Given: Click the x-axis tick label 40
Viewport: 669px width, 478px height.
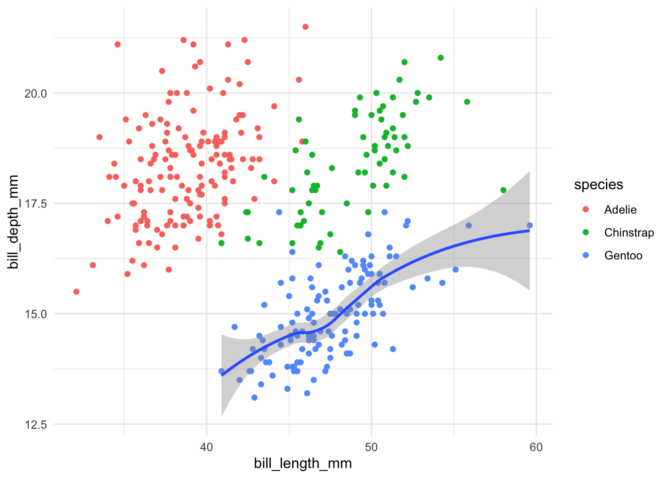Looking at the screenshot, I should click(206, 447).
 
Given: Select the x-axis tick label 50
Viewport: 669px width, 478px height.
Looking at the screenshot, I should click(371, 447).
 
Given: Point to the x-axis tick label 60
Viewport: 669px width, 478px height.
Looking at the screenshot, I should click(536, 447).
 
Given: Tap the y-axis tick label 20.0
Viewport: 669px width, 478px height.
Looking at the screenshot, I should click(35, 94).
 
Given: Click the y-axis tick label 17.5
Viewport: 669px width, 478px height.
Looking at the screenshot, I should click(35, 204).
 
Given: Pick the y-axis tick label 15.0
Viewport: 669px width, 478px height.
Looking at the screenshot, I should click(35, 314).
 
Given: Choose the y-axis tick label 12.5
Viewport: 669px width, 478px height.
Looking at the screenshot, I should click(35, 425).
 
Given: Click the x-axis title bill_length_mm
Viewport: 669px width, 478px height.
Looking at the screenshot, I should click(303, 464).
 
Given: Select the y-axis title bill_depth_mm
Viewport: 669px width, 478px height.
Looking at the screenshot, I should click(13, 222).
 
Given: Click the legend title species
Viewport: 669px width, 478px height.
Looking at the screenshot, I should click(598, 185).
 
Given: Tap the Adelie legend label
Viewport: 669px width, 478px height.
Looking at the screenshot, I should click(620, 210).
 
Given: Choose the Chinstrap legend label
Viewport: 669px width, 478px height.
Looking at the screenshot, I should click(629, 233).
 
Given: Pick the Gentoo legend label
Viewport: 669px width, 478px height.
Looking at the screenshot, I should click(623, 255).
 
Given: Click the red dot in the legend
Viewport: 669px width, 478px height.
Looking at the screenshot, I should click(585, 210).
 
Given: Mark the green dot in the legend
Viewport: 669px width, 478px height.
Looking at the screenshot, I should click(585, 233).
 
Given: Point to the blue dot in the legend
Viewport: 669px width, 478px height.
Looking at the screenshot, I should click(585, 255).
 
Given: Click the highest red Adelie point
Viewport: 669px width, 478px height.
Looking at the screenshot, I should click(306, 27).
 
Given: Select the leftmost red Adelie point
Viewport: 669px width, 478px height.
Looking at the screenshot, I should click(76, 292).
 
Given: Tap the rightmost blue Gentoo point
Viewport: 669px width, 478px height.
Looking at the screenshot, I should click(530, 226).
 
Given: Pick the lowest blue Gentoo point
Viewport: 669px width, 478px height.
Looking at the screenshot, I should click(254, 398).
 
